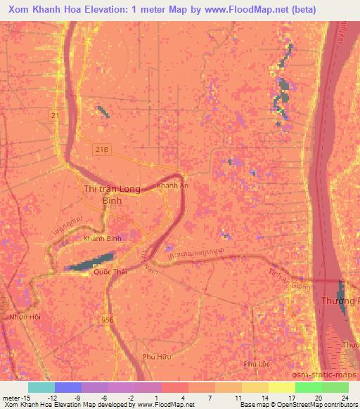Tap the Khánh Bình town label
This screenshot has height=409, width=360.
tap(103, 239)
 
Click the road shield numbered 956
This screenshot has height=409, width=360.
tap(106, 319)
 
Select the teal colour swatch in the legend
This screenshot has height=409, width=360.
tap(41, 387)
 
